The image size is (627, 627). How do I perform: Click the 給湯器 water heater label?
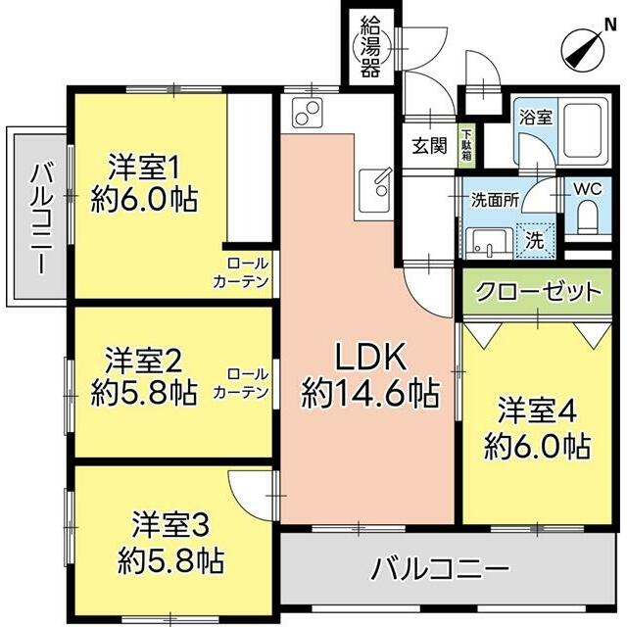[370, 46]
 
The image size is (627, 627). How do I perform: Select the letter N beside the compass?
[610, 25]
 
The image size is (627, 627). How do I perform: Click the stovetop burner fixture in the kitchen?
[307, 113]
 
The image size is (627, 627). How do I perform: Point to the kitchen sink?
[375, 191]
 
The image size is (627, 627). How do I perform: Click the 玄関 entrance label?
[429, 145]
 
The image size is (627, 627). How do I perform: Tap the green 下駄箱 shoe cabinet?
[466, 145]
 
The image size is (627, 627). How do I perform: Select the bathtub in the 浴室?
[585, 131]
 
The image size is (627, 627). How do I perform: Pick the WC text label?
[588, 189]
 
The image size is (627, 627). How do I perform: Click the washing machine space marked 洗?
[535, 240]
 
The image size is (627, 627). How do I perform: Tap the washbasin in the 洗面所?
[486, 243]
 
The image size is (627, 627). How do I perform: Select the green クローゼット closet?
[538, 292]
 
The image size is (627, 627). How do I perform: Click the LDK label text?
[370, 357]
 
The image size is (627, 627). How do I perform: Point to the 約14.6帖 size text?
[370, 393]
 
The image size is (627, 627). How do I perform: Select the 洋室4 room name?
[537, 410]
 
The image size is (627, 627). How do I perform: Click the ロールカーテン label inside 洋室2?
[241, 383]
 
